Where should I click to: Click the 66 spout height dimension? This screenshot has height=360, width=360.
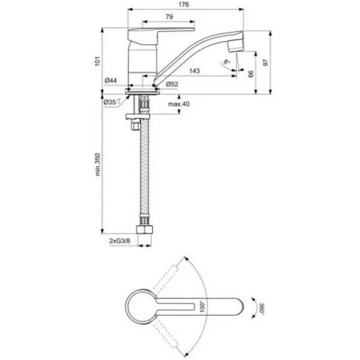click(x=250, y=74)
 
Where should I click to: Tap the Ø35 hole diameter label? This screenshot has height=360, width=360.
click(x=111, y=101)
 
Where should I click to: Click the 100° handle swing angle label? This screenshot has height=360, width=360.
click(x=202, y=305)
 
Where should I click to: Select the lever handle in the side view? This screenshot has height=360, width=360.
click(x=161, y=29)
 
